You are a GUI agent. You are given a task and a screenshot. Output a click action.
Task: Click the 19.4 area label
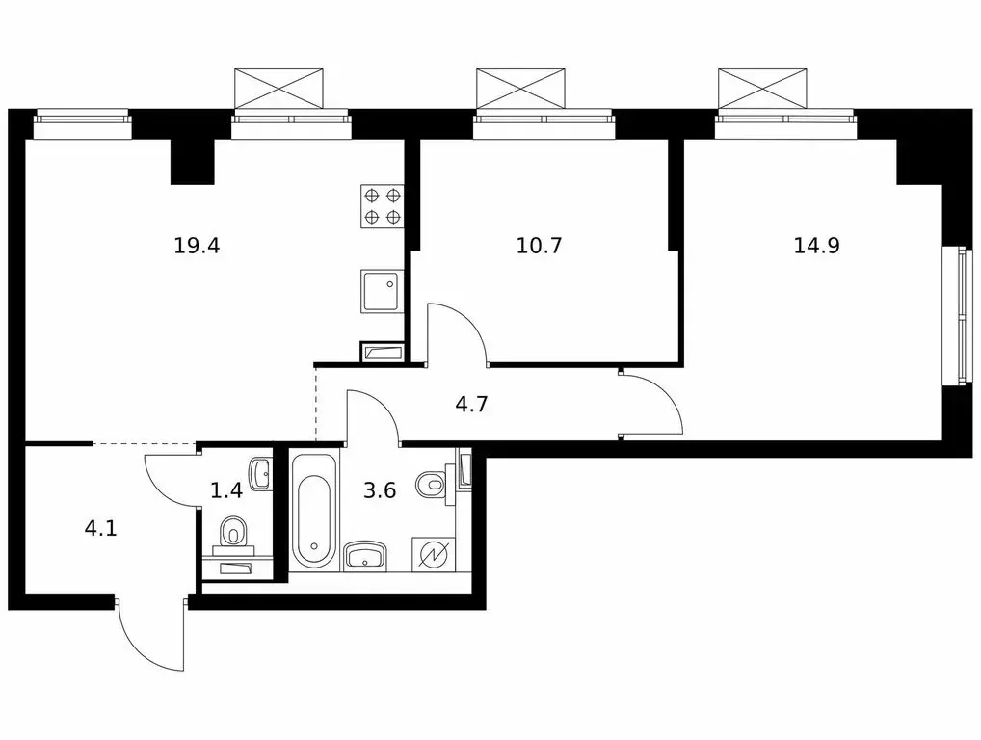[x=197, y=246]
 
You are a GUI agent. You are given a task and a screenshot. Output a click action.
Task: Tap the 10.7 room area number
[x=539, y=246]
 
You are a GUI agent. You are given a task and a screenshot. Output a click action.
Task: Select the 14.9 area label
[x=816, y=246]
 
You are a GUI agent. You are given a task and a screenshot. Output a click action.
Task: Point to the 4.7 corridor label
[x=471, y=405]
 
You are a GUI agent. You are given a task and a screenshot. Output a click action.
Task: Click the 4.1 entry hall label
[x=101, y=529]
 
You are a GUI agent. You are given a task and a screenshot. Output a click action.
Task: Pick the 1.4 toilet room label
[x=225, y=489]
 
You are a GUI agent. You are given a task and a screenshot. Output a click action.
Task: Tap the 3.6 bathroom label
[x=380, y=489]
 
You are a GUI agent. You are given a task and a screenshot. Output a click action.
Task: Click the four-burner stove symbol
[x=383, y=206]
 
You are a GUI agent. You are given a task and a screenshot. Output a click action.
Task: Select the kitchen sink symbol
[x=383, y=292]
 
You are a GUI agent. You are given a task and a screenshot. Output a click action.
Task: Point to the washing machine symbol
[x=432, y=554]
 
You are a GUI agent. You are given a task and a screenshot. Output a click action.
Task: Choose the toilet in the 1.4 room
[x=233, y=535]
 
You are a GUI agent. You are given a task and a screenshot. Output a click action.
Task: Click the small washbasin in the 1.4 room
[x=261, y=474]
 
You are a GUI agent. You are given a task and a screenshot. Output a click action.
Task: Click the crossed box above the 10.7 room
[x=520, y=89]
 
